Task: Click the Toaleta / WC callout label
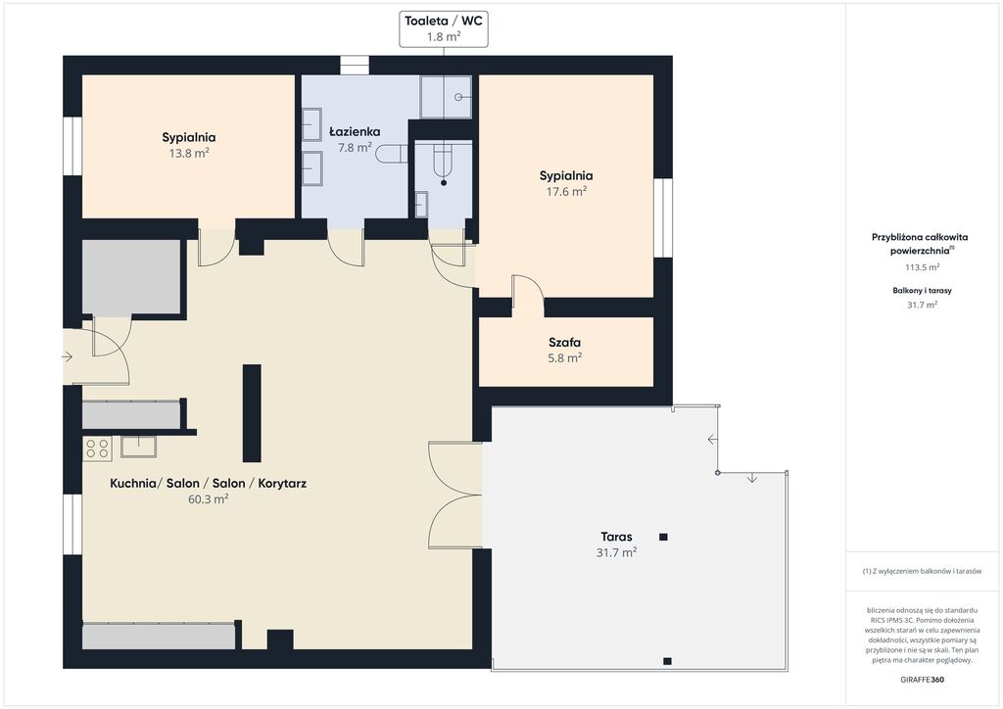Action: [x=444, y=21]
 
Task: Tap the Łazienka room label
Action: [x=355, y=131]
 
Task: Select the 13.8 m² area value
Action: [x=189, y=154]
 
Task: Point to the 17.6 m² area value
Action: [x=566, y=191]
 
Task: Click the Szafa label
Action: [x=565, y=342]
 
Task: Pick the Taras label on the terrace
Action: [x=617, y=537]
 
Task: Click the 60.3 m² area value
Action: [x=208, y=499]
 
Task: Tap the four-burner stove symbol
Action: [x=97, y=449]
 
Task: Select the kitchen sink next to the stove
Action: [x=138, y=447]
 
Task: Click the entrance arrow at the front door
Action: [x=68, y=356]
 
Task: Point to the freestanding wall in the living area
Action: [x=252, y=413]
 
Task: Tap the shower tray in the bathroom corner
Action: [x=446, y=97]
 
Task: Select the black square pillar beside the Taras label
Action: [x=663, y=537]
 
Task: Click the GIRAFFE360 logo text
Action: [x=922, y=680]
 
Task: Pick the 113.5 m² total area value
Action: [x=922, y=267]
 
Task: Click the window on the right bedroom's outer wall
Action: [x=663, y=218]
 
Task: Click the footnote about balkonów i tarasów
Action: [x=922, y=571]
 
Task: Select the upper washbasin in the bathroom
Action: [x=311, y=124]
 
